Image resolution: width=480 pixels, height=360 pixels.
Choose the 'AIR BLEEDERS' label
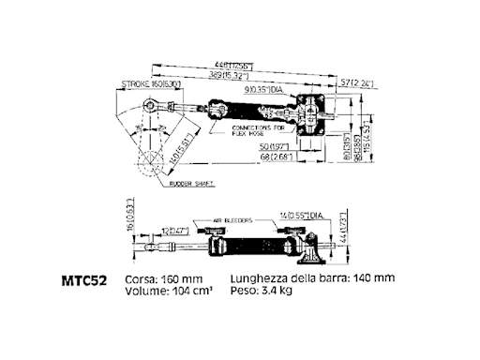click(x=232, y=219)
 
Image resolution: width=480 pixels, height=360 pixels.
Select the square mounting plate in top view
click(x=311, y=114)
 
